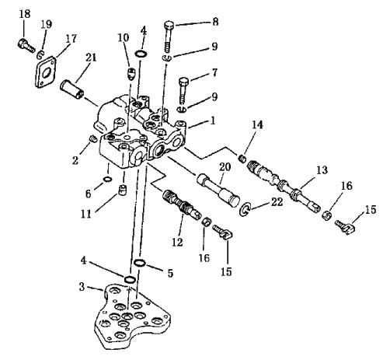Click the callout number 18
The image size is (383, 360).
tap(25, 14)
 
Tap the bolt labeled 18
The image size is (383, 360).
tap(26, 46)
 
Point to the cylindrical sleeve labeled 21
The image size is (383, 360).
tap(71, 90)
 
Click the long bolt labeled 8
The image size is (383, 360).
tap(169, 36)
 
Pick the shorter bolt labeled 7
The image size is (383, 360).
tap(183, 89)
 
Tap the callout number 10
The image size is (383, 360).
tap(124, 38)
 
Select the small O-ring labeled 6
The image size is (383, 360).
tap(107, 179)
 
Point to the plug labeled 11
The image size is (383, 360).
tap(122, 190)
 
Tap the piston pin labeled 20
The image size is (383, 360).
tap(218, 190)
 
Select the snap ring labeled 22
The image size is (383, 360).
tap(245, 209)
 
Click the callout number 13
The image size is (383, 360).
tap(322, 170)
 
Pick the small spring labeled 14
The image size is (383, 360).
tap(242, 159)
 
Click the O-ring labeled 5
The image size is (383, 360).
tap(140, 263)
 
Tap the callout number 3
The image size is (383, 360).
tap(82, 287)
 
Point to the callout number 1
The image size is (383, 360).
tap(213, 121)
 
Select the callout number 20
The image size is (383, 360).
tap(225, 166)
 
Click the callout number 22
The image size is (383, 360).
tap(277, 202)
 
